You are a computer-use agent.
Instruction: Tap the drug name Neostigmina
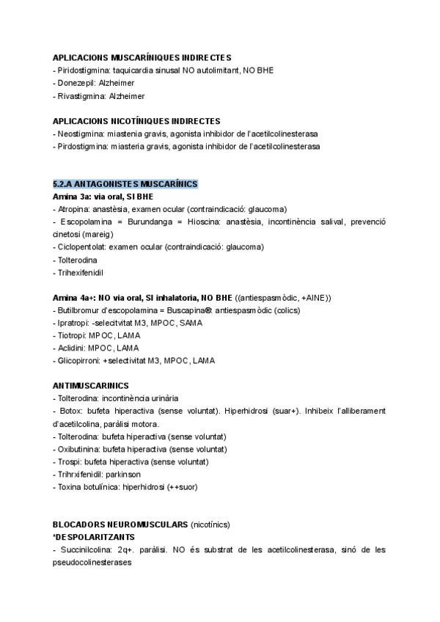pyautogui.click(x=81, y=133)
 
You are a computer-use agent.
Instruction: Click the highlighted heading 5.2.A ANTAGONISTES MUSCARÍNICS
pyautogui.click(x=125, y=183)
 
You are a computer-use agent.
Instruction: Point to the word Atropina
pyautogui.click(x=73, y=208)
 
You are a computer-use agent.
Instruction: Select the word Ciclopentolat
pyautogui.click(x=82, y=246)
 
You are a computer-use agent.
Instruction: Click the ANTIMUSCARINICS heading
pyautogui.click(x=91, y=385)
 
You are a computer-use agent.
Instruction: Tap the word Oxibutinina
pyautogui.click(x=80, y=449)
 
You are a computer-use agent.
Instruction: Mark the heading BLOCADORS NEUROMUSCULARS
pyautogui.click(x=120, y=524)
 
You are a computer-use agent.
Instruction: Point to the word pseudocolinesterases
pyautogui.click(x=95, y=563)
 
